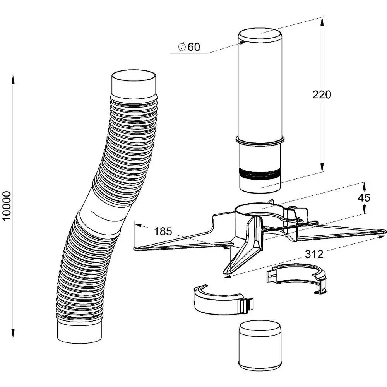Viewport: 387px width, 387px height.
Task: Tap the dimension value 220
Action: click(x=322, y=94)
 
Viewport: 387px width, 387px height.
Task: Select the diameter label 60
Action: click(x=194, y=47)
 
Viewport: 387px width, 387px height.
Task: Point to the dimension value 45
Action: click(x=364, y=197)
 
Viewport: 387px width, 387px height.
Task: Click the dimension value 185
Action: click(x=163, y=232)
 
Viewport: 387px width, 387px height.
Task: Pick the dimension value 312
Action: click(x=314, y=254)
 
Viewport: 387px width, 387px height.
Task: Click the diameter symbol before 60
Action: click(x=182, y=47)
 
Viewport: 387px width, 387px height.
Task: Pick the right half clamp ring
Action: click(x=298, y=277)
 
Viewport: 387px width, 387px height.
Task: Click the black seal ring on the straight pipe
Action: click(x=259, y=174)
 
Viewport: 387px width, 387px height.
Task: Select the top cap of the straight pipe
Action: click(x=260, y=37)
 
